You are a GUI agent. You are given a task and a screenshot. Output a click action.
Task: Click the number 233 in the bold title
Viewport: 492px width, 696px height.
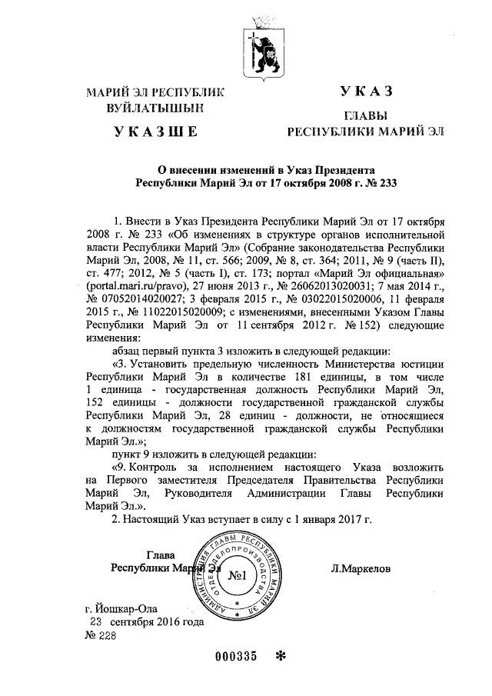click(389, 183)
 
